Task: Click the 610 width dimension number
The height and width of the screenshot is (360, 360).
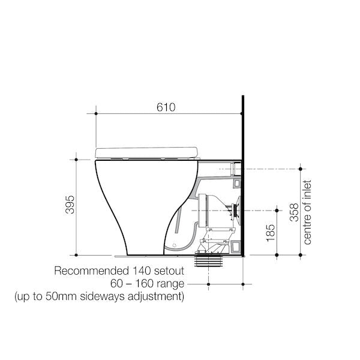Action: [x=166, y=107]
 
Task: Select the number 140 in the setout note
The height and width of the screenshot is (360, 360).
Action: [x=140, y=271]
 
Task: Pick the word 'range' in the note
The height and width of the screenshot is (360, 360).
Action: [x=170, y=283]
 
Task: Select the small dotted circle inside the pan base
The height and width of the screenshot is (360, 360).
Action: [x=173, y=245]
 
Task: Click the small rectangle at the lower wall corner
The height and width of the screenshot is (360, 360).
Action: [x=235, y=247]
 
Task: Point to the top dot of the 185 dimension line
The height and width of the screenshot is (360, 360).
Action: [x=277, y=209]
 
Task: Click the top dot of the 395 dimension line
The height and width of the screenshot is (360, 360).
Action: [x=76, y=160]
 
